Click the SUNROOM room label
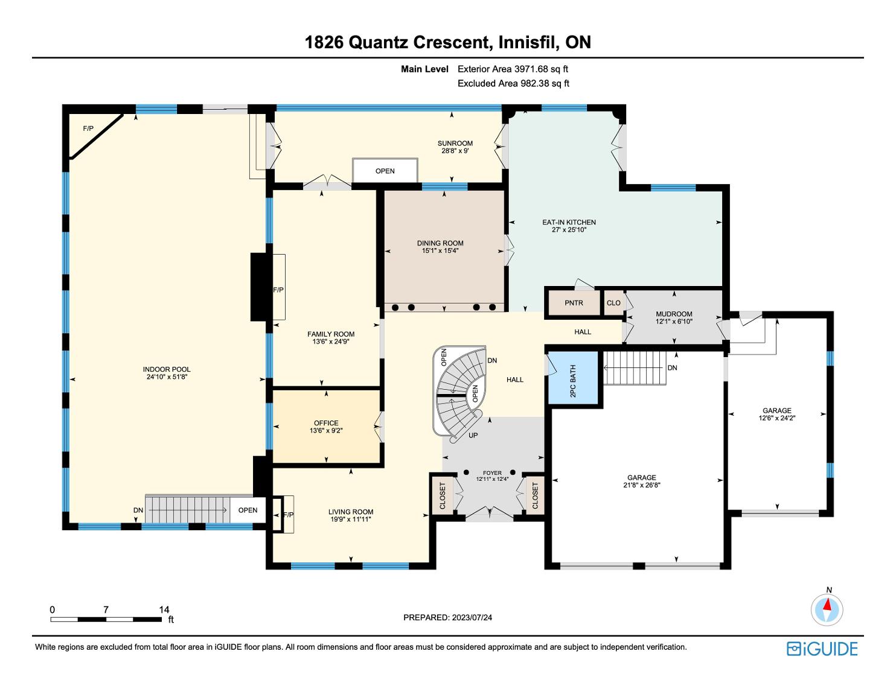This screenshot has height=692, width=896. (x=455, y=144)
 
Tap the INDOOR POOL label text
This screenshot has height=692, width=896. (x=167, y=369)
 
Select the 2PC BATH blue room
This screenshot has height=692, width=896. (x=573, y=377)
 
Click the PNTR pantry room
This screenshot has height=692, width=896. (x=574, y=303)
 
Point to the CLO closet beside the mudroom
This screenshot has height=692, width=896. (x=613, y=303)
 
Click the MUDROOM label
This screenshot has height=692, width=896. (x=674, y=314)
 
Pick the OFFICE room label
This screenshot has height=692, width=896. (x=326, y=423)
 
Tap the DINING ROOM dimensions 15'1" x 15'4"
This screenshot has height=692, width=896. (x=440, y=250)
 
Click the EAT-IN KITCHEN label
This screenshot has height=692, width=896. (x=569, y=222)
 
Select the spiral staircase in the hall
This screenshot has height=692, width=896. (x=458, y=393)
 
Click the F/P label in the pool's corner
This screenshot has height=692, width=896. (x=88, y=129)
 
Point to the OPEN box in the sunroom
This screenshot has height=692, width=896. (x=385, y=170)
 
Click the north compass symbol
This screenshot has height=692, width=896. (x=827, y=610)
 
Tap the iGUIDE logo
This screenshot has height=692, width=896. (x=822, y=649)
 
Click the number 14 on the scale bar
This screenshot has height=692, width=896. (x=164, y=609)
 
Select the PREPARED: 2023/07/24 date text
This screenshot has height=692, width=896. (x=447, y=617)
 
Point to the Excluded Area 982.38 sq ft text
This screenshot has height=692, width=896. (x=513, y=83)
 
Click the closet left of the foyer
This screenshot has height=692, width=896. (x=443, y=495)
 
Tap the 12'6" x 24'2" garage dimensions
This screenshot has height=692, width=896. (x=777, y=417)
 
